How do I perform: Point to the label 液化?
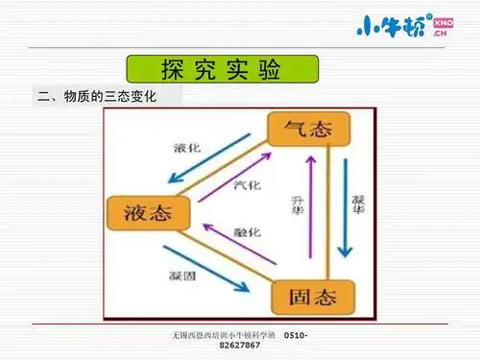tap(186, 149)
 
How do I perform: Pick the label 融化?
tap(247, 233)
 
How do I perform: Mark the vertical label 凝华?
tap(358, 204)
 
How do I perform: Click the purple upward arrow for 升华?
tap(309, 210)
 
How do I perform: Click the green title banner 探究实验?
tap(222, 71)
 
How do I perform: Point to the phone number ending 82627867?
tap(239, 345)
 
